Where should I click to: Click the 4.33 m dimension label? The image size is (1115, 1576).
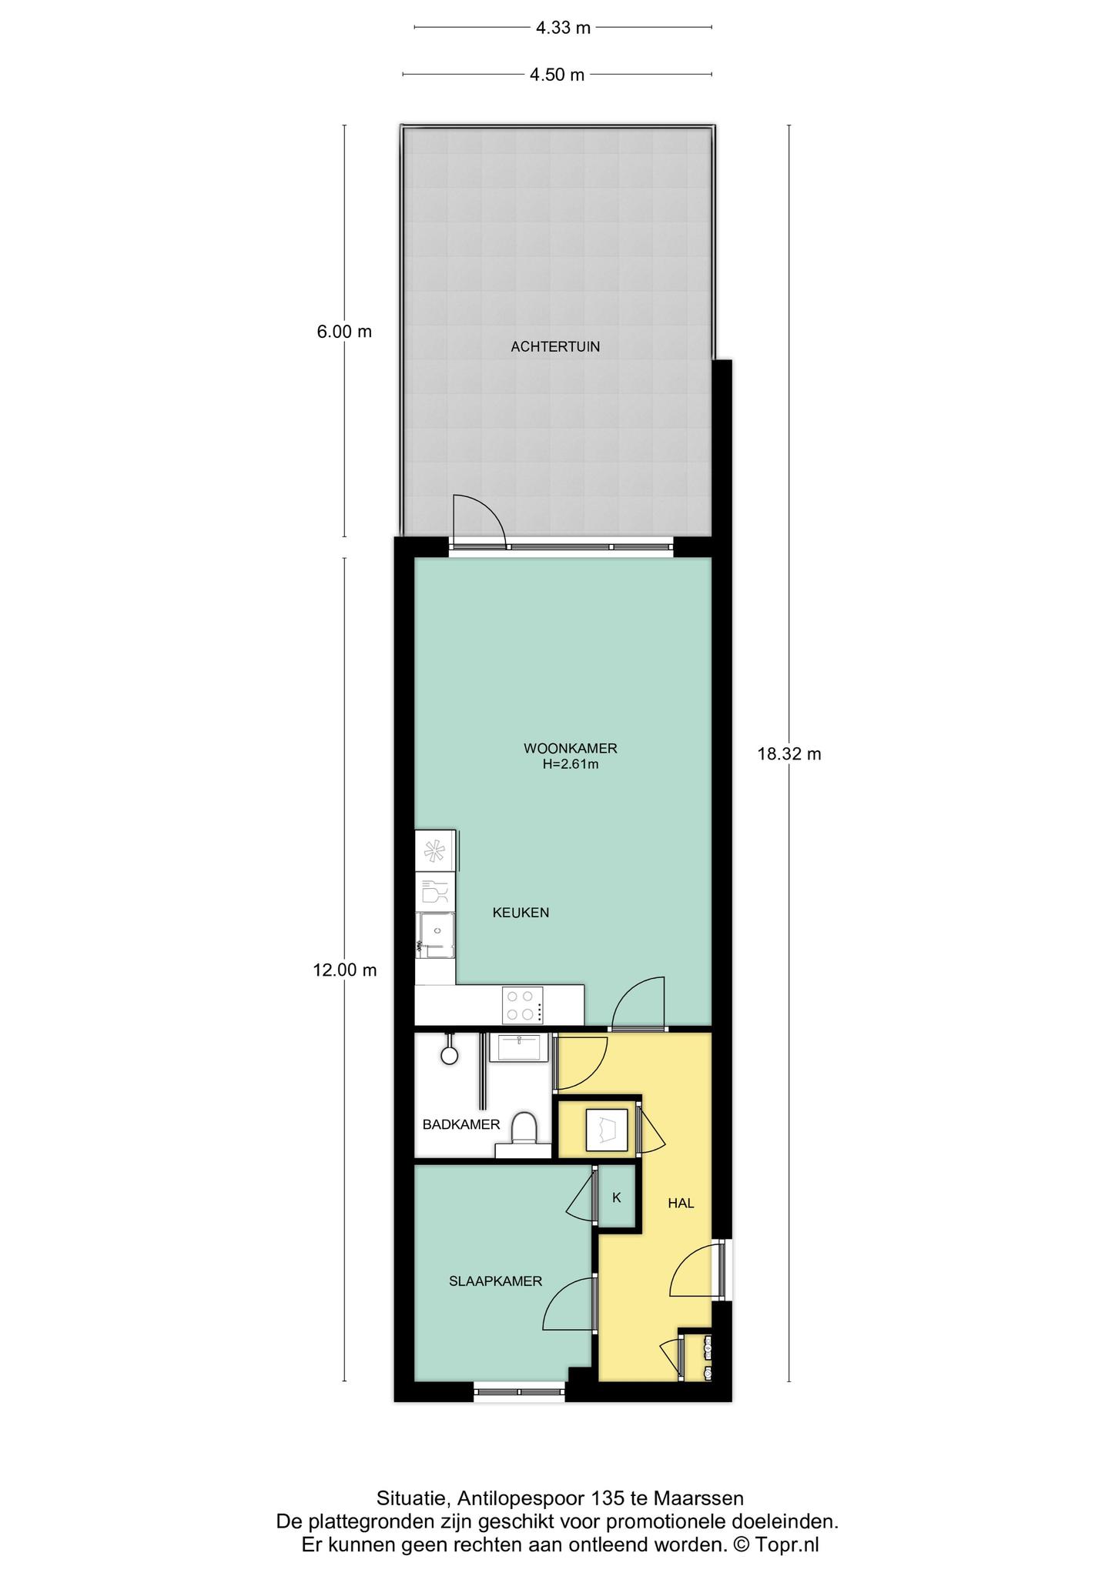563,28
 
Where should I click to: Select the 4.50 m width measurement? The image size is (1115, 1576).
557,75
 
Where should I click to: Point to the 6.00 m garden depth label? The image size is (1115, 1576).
343,332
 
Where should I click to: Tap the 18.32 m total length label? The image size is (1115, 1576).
789,754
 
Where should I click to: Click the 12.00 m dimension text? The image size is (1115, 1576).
345,970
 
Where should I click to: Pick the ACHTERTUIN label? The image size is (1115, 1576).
555,347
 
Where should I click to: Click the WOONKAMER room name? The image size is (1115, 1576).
571,748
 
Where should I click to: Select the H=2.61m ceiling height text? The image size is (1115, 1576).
571,765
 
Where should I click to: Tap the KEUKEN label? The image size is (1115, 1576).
521,913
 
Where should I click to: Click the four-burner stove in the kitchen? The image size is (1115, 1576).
522,1006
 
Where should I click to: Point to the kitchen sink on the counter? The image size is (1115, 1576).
437,935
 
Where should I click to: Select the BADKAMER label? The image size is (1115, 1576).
461,1124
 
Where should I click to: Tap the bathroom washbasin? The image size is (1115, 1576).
520,1047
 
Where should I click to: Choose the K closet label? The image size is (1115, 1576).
616,1197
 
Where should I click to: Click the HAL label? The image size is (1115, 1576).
681,1204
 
